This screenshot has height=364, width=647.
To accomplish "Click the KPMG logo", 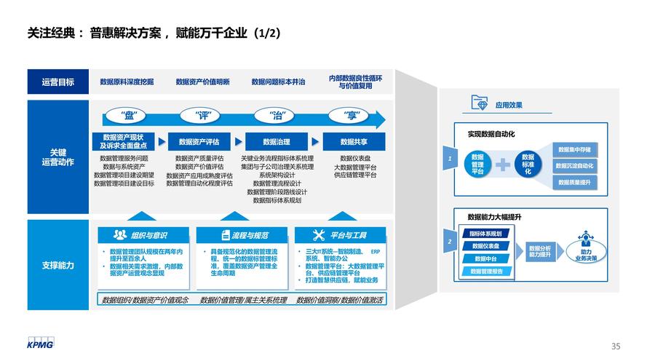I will (x=41, y=342).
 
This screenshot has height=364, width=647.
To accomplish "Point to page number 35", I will (x=616, y=346).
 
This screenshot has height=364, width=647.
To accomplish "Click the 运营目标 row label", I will (x=57, y=82).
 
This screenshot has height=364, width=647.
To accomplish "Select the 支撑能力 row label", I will (x=57, y=265).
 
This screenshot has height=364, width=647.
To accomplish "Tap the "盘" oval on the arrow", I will (x=130, y=115).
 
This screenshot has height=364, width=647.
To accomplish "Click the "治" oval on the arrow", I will (x=277, y=115).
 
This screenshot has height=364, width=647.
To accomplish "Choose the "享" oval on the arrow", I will (x=353, y=115).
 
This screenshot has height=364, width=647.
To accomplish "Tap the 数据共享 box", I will (x=353, y=142).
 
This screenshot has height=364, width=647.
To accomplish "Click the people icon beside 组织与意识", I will (x=120, y=235).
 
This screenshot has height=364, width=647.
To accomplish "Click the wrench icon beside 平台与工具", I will (x=318, y=235).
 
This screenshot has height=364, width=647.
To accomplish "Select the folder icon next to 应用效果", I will (x=480, y=103).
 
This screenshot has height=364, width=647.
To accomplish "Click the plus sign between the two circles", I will (x=503, y=165).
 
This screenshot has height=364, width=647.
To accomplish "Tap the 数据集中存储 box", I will (x=574, y=149).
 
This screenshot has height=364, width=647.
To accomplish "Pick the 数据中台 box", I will (x=485, y=258).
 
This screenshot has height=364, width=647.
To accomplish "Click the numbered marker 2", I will (x=450, y=241).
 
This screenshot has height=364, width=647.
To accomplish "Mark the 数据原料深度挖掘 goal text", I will (x=127, y=82).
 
